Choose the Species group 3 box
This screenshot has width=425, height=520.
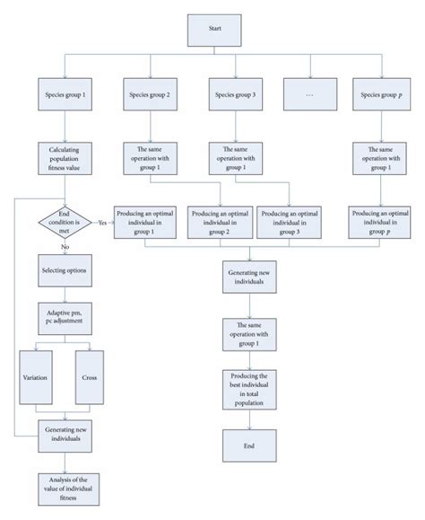(237, 94)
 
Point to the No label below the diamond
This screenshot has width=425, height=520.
(65, 246)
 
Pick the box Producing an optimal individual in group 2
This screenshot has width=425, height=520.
(221, 222)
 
